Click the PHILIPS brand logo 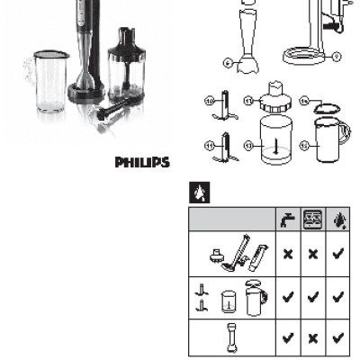pyautogui.click(x=142, y=163)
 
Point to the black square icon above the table pyautogui.click(x=199, y=193)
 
